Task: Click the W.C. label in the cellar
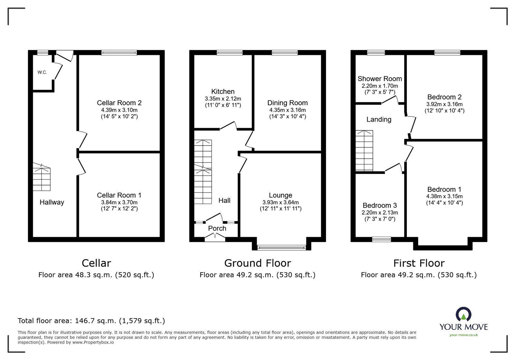pos(42,72)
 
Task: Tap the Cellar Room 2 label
pos(119,103)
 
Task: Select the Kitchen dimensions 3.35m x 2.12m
pos(223,99)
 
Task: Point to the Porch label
pos(217,228)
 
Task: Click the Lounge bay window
pos(282,247)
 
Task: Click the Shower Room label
pos(379,79)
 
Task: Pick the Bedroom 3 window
pos(381,239)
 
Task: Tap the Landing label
pos(379,120)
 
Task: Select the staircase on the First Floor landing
pos(364,151)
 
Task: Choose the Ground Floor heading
pos(257,263)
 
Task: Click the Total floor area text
pos(91,321)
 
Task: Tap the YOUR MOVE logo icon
pos(464,315)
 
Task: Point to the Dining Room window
pos(285,52)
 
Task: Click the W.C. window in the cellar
pos(42,52)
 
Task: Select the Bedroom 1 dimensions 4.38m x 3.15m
pos(444,196)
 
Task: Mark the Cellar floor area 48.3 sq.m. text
pos(96,275)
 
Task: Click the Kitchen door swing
pos(229,125)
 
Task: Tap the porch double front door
pos(215,238)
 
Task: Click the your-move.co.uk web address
pos(464,335)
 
